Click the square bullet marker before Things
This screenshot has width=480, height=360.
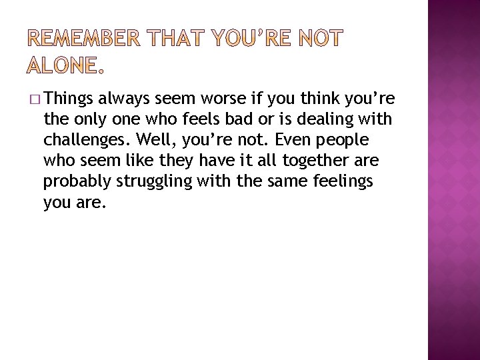coord(35,100)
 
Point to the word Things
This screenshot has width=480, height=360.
coord(69,100)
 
